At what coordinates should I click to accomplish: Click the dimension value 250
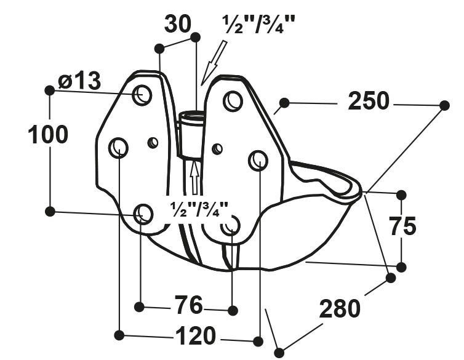pos(369,102)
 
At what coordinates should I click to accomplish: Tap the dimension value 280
pos(340,308)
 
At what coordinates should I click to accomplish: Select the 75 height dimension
pos(402,226)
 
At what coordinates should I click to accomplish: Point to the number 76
pos(188,305)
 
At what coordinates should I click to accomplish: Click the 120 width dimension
pos(195,336)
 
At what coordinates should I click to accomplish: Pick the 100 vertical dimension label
pos(48,135)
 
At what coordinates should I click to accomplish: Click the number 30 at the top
pos(178,24)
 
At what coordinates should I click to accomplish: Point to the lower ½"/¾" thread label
pos(199,209)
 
